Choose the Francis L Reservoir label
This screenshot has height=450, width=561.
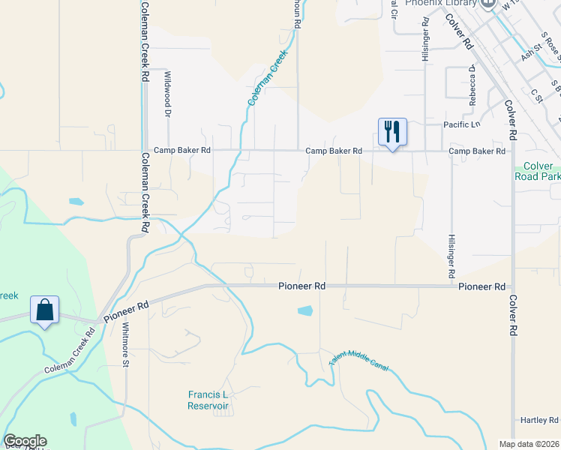pyautogui.click(x=208, y=400)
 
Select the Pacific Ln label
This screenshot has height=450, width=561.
pyautogui.click(x=460, y=124)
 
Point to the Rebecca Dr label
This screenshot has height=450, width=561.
pyautogui.click(x=473, y=84)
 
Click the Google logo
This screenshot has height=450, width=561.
pyautogui.click(x=25, y=441)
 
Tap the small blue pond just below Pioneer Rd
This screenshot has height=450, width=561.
pyautogui.click(x=305, y=310)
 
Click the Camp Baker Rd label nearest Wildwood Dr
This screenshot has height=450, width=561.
pyautogui.click(x=182, y=151)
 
